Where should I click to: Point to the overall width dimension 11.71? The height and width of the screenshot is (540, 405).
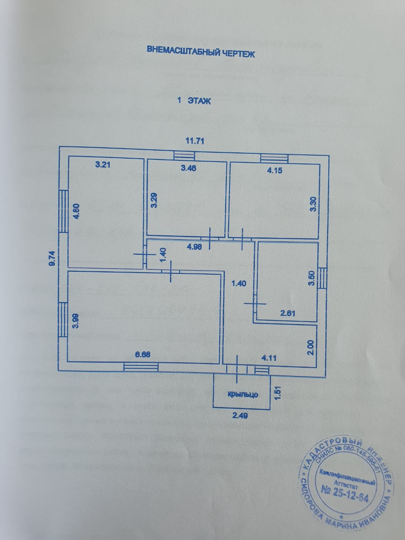pos(195,141)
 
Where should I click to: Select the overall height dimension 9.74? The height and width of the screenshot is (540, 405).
pos(51,257)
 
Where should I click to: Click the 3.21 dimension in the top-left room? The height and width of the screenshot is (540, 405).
pos(103,165)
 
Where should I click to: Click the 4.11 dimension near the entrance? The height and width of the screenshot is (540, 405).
pos(270,358)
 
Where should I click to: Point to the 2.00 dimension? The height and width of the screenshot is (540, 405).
pos(311,347)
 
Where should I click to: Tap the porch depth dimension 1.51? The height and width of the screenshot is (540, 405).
pos(277,391)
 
